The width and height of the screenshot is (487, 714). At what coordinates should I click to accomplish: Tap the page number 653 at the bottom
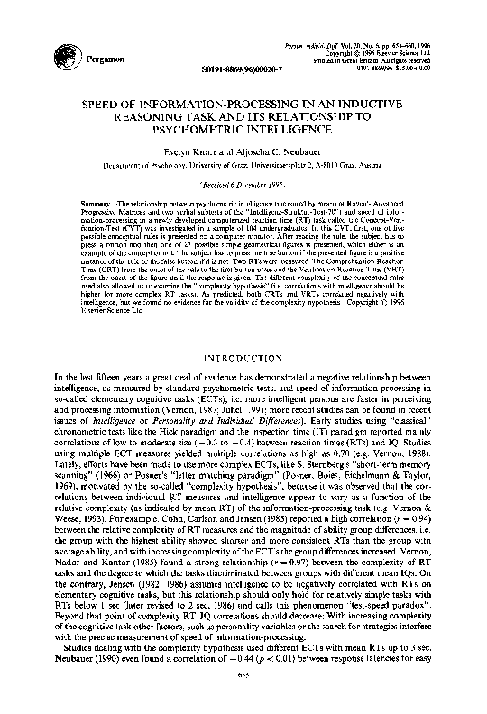243,700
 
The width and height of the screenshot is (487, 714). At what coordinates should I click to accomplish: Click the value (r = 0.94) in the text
434,520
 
